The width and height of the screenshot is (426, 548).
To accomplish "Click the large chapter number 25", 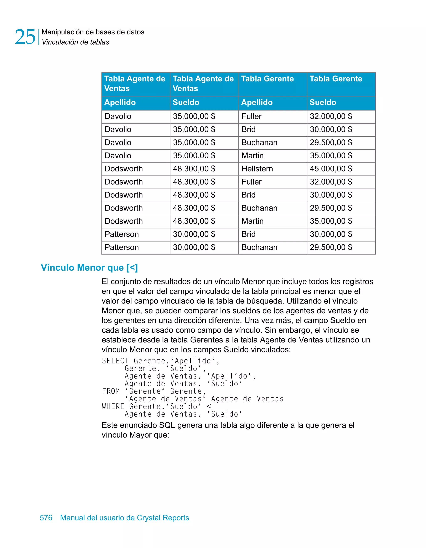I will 25,37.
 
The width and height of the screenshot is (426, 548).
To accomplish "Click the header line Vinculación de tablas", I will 75,42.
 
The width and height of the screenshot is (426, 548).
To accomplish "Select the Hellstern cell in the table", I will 257,169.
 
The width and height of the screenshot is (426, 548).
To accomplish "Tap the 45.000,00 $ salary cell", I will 331,169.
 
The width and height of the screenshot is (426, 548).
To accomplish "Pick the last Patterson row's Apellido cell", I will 121,247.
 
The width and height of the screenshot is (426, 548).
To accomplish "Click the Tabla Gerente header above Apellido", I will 267,79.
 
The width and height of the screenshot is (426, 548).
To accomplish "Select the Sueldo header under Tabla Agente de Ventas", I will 186,102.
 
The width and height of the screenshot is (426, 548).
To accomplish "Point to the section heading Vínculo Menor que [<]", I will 89,268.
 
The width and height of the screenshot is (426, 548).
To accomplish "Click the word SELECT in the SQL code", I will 115,361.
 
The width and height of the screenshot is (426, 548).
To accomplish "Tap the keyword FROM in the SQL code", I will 111,391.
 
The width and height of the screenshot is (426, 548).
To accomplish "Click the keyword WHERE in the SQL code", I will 113,407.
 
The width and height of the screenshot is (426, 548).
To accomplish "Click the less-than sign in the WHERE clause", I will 208,407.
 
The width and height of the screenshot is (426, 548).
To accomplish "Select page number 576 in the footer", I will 46,518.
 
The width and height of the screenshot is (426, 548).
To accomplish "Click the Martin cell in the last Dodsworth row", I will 252,221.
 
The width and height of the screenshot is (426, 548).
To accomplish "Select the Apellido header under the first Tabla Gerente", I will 257,102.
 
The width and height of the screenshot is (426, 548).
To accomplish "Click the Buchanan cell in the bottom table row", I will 259,247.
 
